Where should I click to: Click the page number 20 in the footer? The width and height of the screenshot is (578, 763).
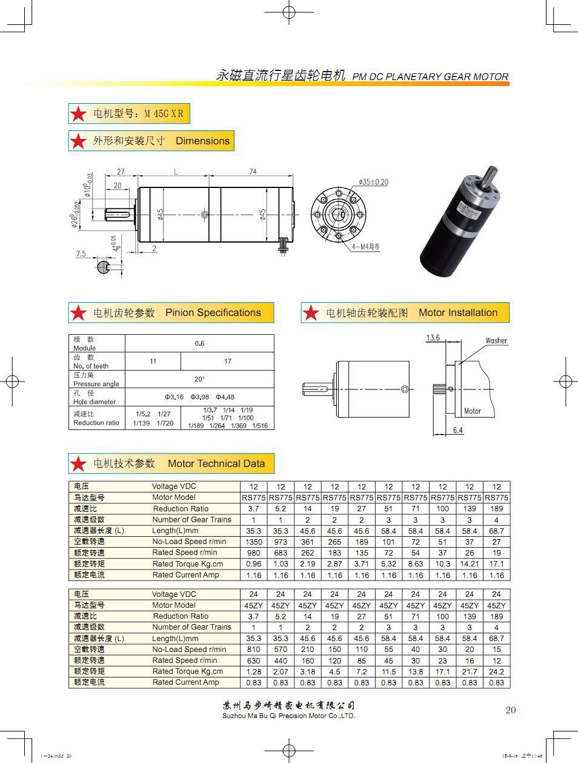coord(510,710)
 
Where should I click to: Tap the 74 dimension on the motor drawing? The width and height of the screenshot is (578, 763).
coord(253,172)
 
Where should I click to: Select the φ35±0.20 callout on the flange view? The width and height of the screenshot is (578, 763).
coord(373,182)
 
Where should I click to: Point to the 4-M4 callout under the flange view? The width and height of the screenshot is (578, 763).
coord(365,247)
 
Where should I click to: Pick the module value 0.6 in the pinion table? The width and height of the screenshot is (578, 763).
coord(199,343)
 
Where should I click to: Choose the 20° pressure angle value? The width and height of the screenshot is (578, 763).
coord(199,378)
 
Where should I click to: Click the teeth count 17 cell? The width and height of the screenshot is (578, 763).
coord(227,361)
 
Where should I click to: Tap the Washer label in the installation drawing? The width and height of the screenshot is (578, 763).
coord(496,340)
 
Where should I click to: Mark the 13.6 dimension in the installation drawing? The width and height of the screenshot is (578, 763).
coord(433,338)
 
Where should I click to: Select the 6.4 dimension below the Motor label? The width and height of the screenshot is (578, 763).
coord(457,430)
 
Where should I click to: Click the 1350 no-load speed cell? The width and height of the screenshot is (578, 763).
coord(254,542)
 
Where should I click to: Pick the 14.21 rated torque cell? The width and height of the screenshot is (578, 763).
coord(470,563)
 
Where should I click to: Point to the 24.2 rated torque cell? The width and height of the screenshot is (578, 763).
coord(496,671)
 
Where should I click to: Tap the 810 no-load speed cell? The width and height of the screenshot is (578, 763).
coord(254,649)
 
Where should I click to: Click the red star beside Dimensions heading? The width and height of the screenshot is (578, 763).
coord(79,141)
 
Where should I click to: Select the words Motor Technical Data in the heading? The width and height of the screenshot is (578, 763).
coord(216,463)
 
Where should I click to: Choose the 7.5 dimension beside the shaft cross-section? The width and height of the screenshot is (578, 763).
coord(81,254)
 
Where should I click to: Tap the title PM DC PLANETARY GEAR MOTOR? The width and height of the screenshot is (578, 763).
coord(430,76)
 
